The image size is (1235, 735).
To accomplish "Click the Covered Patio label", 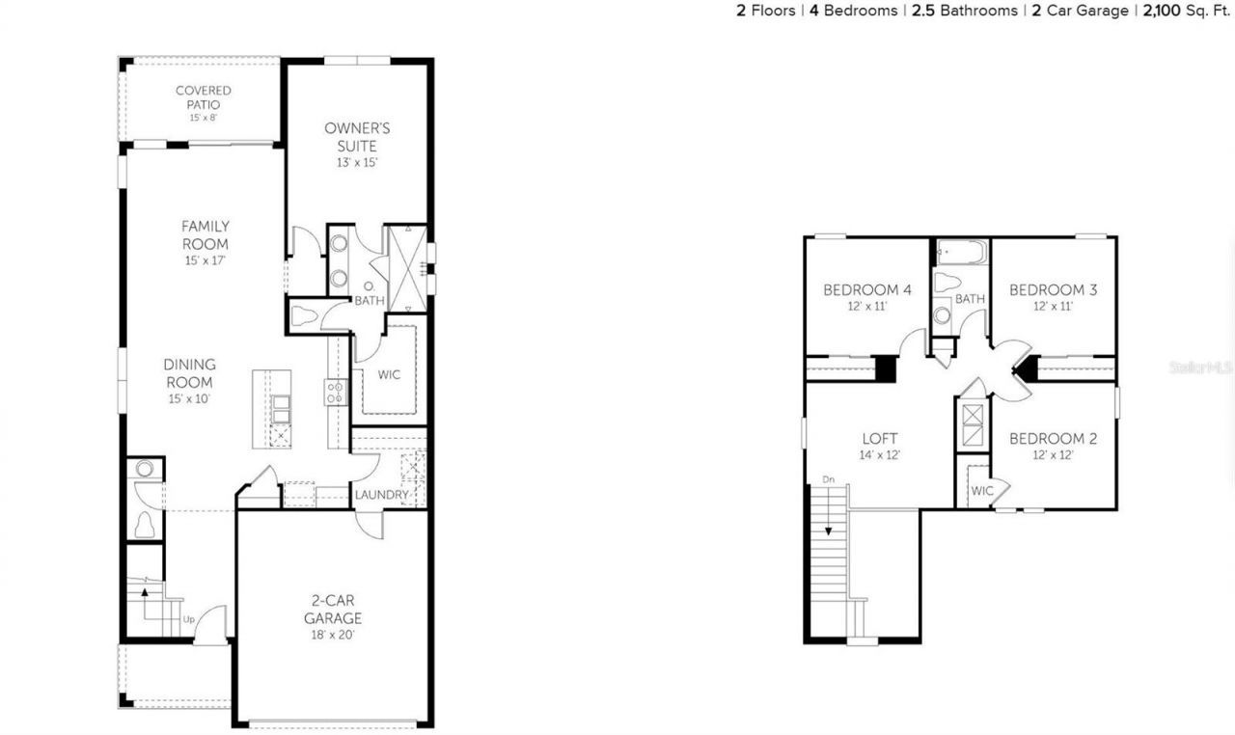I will [203, 97].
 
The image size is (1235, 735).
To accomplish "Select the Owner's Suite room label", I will [350, 137].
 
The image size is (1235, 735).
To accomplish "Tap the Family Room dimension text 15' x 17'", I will [205, 260].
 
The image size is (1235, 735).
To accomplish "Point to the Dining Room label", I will [189, 373].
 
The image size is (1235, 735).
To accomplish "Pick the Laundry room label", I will [381, 495].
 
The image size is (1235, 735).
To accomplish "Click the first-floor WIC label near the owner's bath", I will [389, 374].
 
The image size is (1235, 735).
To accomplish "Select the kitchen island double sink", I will [280, 409].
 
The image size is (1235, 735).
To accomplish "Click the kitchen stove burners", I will [336, 392].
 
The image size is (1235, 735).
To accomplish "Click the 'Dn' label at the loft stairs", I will [827, 479].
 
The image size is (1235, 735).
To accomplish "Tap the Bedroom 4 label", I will [866, 289].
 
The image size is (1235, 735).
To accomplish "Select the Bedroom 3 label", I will [1053, 289].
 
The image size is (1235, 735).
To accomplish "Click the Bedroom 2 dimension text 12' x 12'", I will [1053, 455].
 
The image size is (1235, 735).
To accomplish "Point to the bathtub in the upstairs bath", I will [962, 254].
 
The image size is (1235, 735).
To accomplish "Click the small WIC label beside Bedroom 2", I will [981, 491].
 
